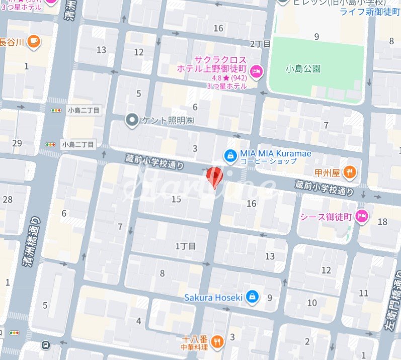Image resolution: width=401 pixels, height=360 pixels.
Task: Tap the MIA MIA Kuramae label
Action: (x=275, y=153)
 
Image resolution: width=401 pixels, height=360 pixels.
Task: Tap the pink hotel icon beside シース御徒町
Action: (x=361, y=217)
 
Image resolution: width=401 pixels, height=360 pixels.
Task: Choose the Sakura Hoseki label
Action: (x=220, y=297)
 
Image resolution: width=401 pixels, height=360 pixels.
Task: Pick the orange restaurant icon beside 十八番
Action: (x=218, y=342)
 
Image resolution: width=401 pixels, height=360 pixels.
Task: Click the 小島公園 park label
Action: (x=303, y=69)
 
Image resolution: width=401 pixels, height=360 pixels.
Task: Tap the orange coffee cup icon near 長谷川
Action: (x=33, y=41)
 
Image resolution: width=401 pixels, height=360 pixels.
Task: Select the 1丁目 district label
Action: (x=185, y=246)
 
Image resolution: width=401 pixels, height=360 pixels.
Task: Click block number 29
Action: (x=17, y=144)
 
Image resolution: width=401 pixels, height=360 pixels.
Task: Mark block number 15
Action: (x=176, y=199)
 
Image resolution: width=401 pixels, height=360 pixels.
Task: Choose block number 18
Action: (x=382, y=222)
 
